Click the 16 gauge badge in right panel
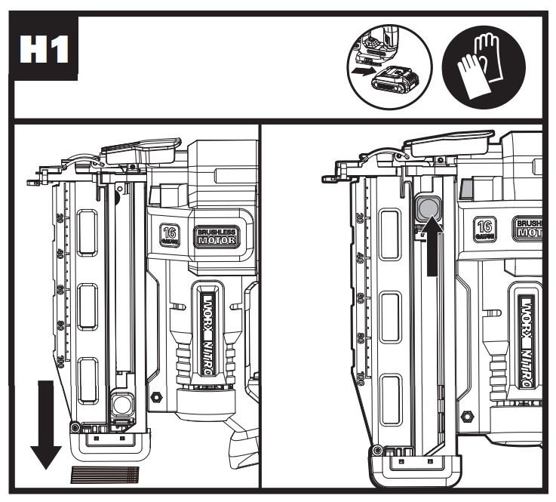487,229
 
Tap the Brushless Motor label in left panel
217,236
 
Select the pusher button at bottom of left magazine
119,405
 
